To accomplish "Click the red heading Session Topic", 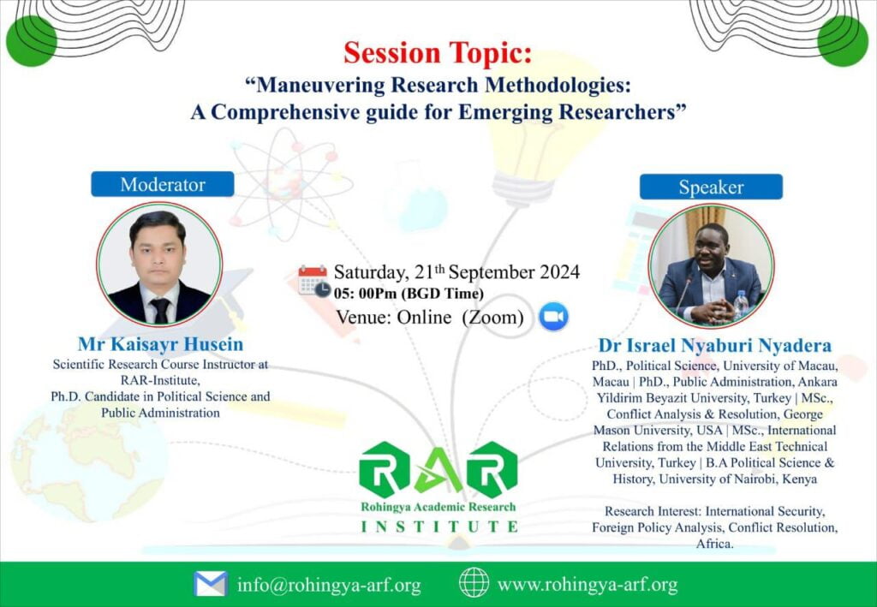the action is click(438, 52).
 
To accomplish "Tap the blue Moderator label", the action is click(163, 184).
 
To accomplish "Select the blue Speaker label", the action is click(711, 187).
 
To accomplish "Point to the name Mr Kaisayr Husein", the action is click(160, 344).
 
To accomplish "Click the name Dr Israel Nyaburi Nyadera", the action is click(715, 345).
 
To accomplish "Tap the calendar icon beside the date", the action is click(313, 281).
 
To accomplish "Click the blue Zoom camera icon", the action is click(554, 317).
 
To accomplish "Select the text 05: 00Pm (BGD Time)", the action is click(409, 294).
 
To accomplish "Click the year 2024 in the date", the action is click(559, 272).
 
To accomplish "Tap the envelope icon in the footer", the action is click(211, 584).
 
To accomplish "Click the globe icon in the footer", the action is click(474, 582).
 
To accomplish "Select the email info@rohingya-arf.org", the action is click(329, 586).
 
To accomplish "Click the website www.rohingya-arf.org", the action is click(588, 585).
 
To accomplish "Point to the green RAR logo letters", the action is click(438, 469).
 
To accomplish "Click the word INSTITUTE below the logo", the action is click(439, 527).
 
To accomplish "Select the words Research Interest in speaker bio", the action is click(653, 511).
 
